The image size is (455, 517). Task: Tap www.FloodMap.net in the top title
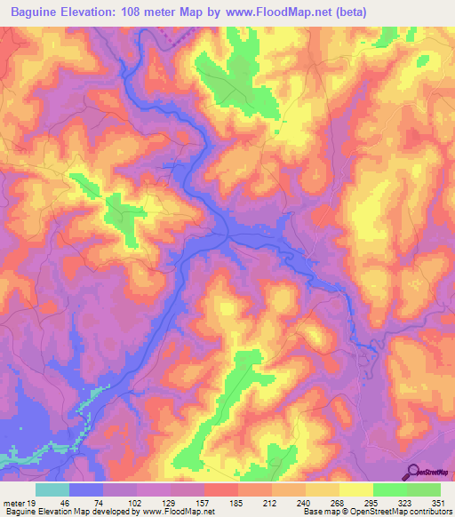point(280,11)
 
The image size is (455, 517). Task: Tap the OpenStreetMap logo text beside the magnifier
point(435,473)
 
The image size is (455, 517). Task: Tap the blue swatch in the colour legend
point(86,489)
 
